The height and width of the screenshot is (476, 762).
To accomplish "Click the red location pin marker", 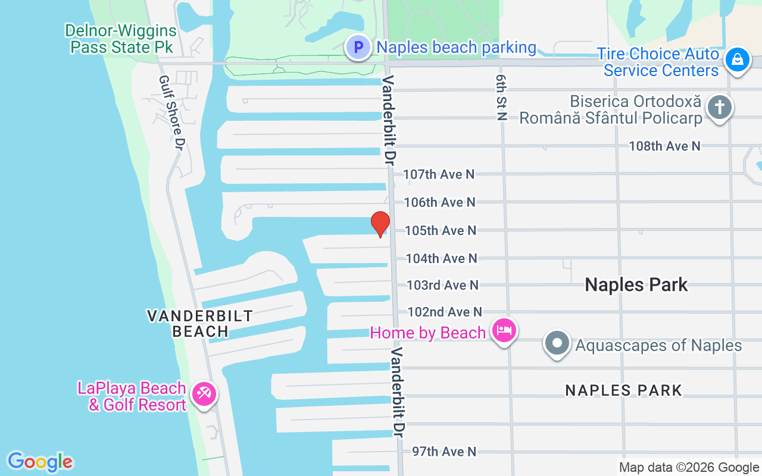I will pos(380,224).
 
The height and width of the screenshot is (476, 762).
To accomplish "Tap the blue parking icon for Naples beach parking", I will pos(359,47).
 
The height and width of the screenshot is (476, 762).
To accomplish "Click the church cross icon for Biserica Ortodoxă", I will pos(720,108).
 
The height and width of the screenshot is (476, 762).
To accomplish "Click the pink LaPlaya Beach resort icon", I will pos(204,393).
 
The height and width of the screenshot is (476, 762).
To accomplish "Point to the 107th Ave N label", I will pos(439,174).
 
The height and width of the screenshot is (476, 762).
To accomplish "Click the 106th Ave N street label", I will pos(439,202).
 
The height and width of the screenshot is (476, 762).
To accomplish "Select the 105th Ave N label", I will pos(441,230).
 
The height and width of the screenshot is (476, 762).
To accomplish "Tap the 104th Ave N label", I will pos(441,258).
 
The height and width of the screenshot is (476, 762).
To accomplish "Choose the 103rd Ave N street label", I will pos(442,286).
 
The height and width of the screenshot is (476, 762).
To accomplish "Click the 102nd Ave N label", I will pos(444,312).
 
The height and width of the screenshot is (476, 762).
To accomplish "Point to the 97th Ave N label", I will pos(444,452).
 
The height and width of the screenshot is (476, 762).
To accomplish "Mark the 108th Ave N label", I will pos(664,146).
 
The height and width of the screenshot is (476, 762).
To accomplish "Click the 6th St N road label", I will pos(501,98).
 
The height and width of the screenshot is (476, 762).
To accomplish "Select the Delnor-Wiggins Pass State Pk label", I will pos(121,39).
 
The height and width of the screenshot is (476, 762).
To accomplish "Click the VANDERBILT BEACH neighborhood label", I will pos(199,324).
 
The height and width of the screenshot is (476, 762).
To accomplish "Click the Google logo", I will pos(40,462).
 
